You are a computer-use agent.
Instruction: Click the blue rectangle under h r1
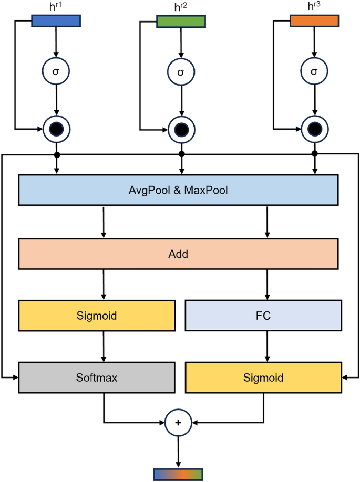[x=56, y=20]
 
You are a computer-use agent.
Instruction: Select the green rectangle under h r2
[x=181, y=21]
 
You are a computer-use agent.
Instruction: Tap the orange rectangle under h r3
[x=314, y=20]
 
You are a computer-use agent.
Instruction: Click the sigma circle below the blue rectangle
[x=56, y=71]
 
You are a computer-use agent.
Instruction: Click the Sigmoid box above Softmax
[x=96, y=316]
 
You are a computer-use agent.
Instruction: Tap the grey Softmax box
[x=96, y=377]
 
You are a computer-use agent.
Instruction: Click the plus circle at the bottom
[x=178, y=422]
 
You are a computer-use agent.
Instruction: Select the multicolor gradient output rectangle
[x=178, y=474]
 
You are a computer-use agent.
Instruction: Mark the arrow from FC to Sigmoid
[x=269, y=346]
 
